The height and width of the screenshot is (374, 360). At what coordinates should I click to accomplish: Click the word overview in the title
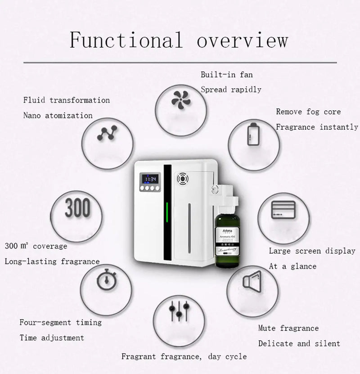click(242, 40)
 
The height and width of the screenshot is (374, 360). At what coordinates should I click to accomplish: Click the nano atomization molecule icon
click(106, 134)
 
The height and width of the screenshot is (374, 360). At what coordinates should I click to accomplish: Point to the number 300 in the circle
click(77, 208)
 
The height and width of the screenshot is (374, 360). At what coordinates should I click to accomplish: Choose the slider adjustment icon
click(179, 311)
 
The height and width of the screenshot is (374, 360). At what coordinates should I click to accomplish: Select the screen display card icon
click(282, 210)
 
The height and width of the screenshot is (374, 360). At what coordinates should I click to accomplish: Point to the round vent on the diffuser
click(183, 179)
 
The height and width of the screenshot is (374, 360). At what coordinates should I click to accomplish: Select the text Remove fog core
click(308, 112)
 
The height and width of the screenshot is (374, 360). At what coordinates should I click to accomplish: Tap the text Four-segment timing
click(60, 322)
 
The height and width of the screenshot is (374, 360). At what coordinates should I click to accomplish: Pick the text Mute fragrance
click(288, 328)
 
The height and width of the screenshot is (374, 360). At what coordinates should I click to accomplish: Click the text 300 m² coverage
click(36, 246)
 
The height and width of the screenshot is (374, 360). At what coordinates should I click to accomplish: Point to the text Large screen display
click(312, 251)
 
